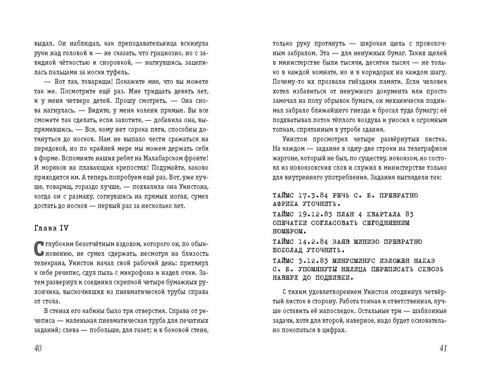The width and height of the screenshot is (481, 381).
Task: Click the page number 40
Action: pos(38,348)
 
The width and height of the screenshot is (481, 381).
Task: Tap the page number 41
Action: pos(443,348)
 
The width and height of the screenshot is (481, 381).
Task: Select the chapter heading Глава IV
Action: pos(51,228)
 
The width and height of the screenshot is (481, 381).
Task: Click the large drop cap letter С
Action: pos(38,248)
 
